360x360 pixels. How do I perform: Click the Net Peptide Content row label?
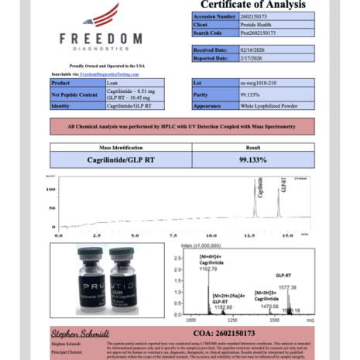pyautogui.click(x=76, y=94)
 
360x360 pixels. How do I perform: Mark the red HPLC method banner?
pyautogui.click(x=180, y=126)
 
